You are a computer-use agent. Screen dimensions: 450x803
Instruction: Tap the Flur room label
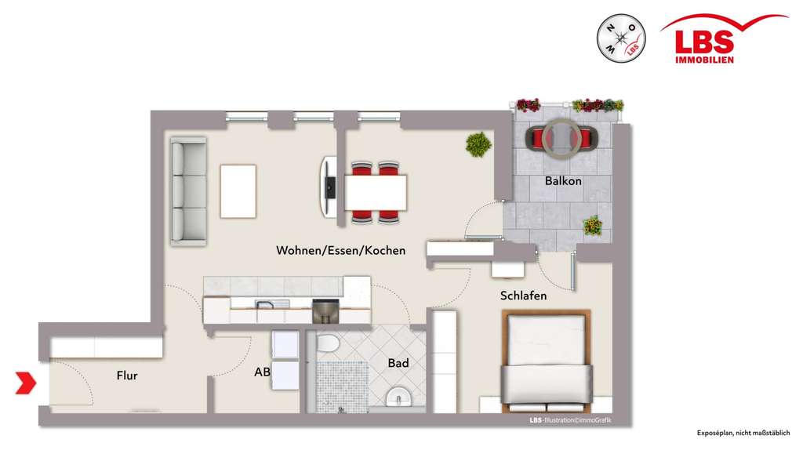126,376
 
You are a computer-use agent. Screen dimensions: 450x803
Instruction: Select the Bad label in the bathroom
398,363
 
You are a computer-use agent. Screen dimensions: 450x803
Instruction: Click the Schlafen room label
523,296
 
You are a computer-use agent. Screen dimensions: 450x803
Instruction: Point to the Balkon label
563,181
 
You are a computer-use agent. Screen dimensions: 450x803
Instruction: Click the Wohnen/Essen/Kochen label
340,251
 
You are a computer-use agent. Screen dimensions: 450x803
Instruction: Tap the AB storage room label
262,373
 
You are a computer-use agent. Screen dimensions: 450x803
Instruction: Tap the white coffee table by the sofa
238,191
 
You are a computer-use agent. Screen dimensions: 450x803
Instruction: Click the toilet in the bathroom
326,343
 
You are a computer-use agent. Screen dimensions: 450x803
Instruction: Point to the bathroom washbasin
399,397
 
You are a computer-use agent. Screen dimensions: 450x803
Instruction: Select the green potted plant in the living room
478,144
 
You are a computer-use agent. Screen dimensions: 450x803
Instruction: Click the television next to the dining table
328,187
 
